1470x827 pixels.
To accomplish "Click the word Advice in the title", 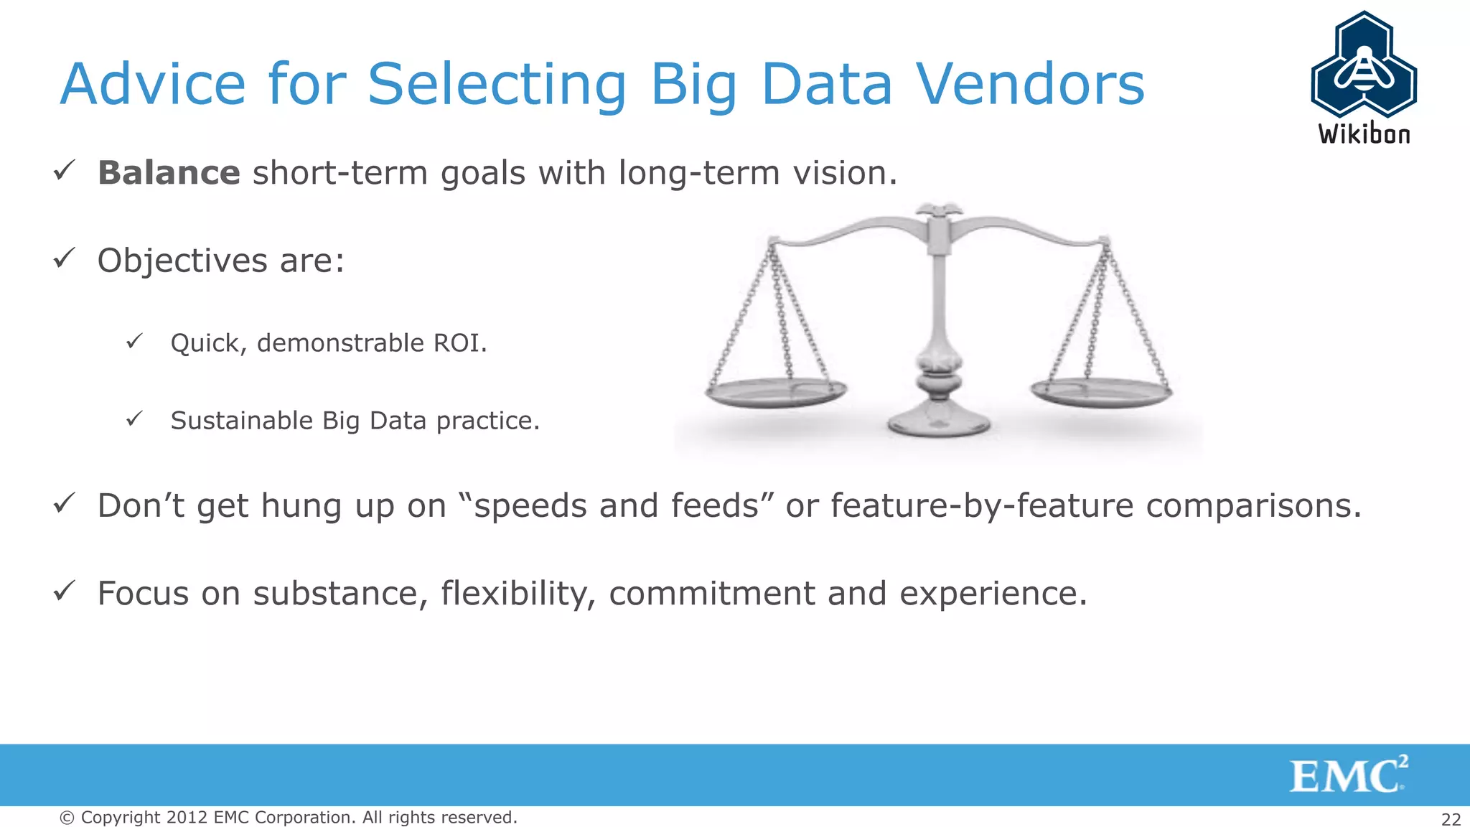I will [153, 85].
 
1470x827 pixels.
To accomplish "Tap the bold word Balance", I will [169, 173].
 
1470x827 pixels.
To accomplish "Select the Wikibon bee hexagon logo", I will [1363, 66].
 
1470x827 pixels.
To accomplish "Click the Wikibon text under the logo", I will [1364, 134].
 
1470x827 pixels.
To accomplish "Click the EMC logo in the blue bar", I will [1348, 775].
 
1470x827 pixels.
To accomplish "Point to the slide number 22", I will [1451, 819].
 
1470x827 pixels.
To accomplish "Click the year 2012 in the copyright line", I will [187, 818].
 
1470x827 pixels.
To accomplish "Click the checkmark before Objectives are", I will [65, 258].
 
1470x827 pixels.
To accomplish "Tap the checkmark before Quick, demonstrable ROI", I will [134, 341].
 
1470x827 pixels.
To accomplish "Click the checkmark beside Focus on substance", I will [65, 592].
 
